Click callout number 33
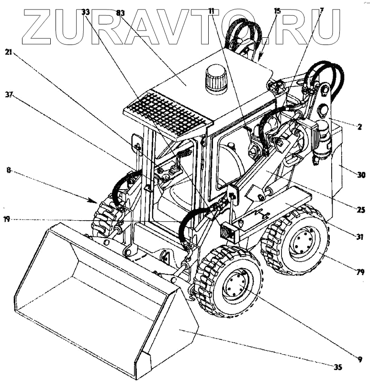(x=86, y=12)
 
